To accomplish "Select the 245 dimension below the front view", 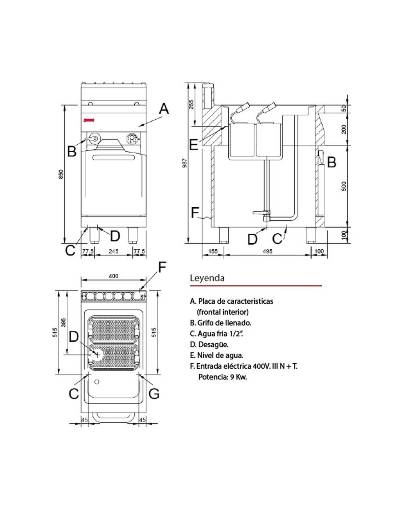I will [113, 251].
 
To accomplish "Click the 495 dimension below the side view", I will [267, 251].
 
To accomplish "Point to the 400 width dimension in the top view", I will [113, 276].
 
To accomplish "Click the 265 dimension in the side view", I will [191, 105].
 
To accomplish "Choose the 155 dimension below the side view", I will [213, 251].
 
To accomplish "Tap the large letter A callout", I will [164, 109].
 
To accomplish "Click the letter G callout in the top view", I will [154, 394].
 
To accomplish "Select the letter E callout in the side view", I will [194, 145].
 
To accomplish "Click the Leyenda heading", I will [207, 278].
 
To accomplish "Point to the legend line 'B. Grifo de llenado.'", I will [220, 323].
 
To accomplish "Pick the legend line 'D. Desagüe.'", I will [209, 345].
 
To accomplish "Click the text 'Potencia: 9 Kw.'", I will [223, 377].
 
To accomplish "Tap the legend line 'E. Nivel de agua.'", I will [217, 355].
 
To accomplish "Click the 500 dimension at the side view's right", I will [344, 186].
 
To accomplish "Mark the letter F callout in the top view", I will [163, 267].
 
